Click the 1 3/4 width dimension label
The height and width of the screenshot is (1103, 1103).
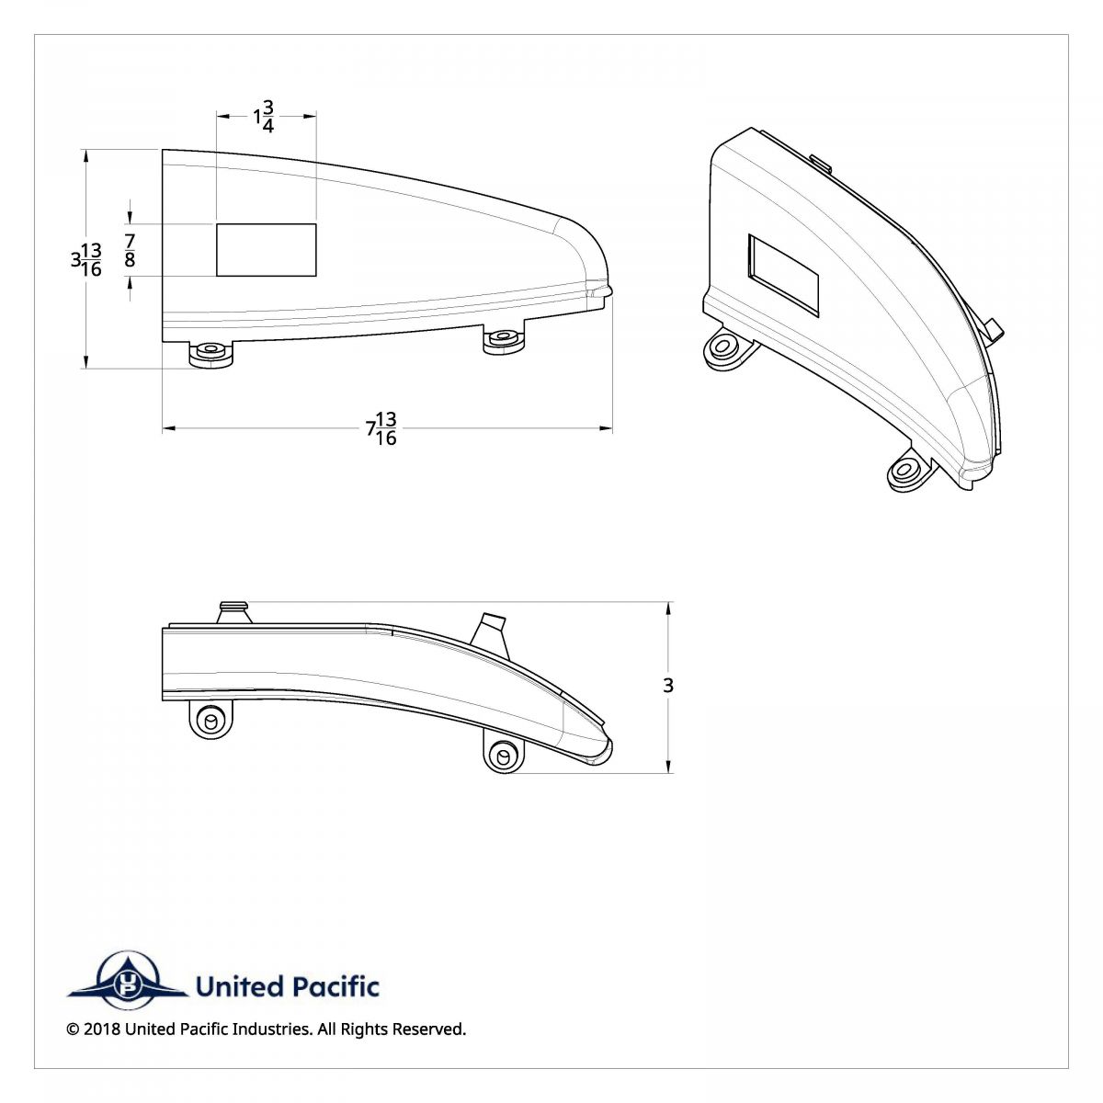pos(264,116)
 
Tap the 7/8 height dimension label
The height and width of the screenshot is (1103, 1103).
pos(130,251)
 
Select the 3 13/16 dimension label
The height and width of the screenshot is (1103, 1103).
pos(86,260)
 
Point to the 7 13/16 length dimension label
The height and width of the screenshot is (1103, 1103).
pos(381,428)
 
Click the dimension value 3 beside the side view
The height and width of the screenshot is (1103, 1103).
pos(668,685)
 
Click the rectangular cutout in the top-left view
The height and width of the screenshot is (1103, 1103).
pos(267,250)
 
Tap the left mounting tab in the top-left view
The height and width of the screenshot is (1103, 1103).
pos(211,354)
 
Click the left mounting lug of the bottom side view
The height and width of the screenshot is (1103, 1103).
pos(210,719)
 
